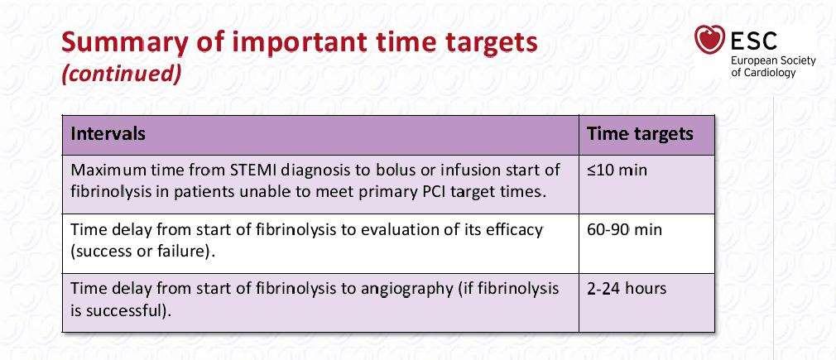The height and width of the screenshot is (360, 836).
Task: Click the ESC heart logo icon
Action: pos(709,40)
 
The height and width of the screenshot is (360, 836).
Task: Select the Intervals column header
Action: pos(108,133)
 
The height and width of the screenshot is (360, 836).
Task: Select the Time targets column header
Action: pos(640,133)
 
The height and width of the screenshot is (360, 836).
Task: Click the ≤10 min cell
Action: pos(617,170)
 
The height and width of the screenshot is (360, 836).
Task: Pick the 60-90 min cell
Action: pos(624,229)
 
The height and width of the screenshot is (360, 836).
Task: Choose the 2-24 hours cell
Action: pos(627,289)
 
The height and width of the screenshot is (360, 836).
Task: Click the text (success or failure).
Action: pos(143,252)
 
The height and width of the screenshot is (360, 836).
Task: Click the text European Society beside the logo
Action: pos(773,60)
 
